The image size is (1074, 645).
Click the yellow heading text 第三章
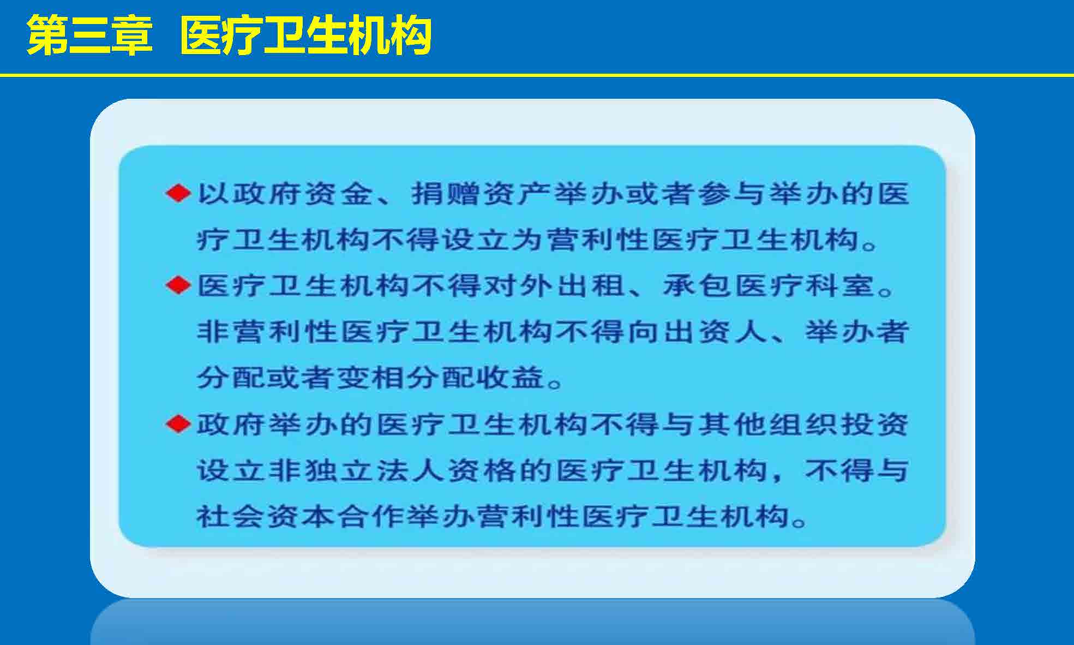click(x=89, y=35)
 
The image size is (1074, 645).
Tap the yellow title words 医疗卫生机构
click(x=306, y=35)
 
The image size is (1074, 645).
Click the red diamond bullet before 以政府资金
click(x=178, y=193)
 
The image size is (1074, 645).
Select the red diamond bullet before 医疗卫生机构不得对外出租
click(x=178, y=285)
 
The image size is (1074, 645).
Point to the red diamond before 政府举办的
click(x=178, y=423)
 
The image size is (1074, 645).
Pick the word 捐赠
click(x=445, y=194)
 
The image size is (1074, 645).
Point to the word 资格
click(x=481, y=470)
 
